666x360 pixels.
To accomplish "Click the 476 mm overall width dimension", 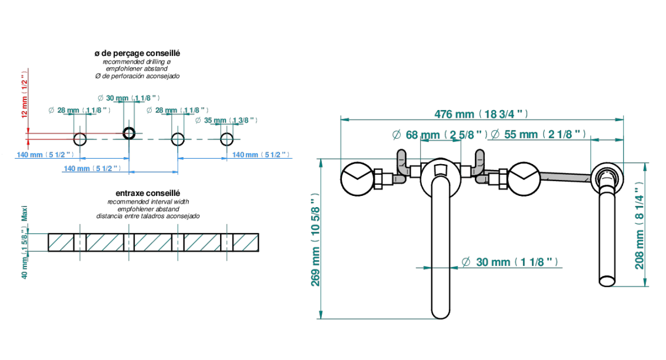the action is coord(481,114).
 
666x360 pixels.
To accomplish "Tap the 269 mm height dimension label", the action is coord(315,239).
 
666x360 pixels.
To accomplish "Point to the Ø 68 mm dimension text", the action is coord(439,135).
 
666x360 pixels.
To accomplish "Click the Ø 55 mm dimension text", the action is coord(538,135).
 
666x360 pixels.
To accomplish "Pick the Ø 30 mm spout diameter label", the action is coord(510,262).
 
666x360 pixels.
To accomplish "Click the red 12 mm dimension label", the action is coord(24,94).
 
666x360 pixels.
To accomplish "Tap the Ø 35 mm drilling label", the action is coord(227,120).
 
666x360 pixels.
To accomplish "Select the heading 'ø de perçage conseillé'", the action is coord(137,53).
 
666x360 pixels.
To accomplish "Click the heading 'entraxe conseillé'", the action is coord(148,193).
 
